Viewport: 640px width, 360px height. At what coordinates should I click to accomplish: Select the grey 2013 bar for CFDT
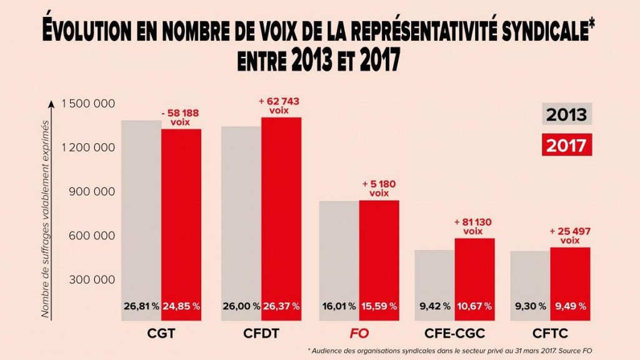point(241,219)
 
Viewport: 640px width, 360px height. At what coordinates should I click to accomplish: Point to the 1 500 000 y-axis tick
point(88,103)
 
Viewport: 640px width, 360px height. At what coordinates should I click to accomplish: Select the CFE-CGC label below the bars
point(455,334)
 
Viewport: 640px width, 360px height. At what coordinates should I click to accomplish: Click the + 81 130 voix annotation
point(473,226)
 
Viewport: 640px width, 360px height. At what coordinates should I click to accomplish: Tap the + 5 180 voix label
point(379,189)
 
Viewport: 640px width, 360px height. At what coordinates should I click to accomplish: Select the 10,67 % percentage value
point(475,306)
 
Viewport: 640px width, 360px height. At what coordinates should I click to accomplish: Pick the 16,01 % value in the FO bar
point(339,306)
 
